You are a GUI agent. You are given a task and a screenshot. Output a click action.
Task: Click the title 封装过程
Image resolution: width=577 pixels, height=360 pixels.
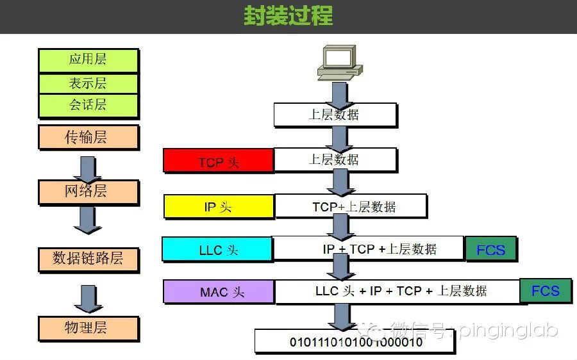(288, 15)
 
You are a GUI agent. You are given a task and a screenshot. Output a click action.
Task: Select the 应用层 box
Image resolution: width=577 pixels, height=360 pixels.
(88, 60)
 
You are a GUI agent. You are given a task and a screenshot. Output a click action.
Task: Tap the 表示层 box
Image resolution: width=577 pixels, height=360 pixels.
(88, 83)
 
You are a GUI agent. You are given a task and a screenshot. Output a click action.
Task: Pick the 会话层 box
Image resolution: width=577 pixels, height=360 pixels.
(88, 105)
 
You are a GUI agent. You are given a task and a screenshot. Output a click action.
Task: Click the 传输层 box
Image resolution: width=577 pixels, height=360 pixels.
(88, 137)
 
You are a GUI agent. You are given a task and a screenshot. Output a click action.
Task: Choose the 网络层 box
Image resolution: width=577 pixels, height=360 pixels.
(88, 191)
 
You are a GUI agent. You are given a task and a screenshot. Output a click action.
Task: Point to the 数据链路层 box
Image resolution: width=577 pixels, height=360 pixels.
(88, 259)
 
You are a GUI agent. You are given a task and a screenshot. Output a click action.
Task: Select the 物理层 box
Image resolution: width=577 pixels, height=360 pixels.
(88, 328)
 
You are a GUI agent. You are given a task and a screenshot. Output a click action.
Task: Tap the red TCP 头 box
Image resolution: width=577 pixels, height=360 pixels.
(219, 161)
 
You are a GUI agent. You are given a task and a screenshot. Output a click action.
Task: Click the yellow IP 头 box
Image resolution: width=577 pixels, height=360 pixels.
(219, 207)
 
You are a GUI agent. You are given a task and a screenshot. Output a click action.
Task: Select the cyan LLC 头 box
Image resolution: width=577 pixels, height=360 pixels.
(218, 250)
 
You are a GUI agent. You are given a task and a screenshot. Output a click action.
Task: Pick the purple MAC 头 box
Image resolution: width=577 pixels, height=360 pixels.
(219, 292)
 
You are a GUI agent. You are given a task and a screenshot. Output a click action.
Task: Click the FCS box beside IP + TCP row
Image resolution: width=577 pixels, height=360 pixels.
(490, 250)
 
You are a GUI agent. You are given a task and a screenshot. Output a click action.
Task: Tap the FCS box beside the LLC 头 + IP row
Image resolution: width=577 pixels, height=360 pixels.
(546, 291)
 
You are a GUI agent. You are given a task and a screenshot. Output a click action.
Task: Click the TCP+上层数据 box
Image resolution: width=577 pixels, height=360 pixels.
(351, 207)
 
